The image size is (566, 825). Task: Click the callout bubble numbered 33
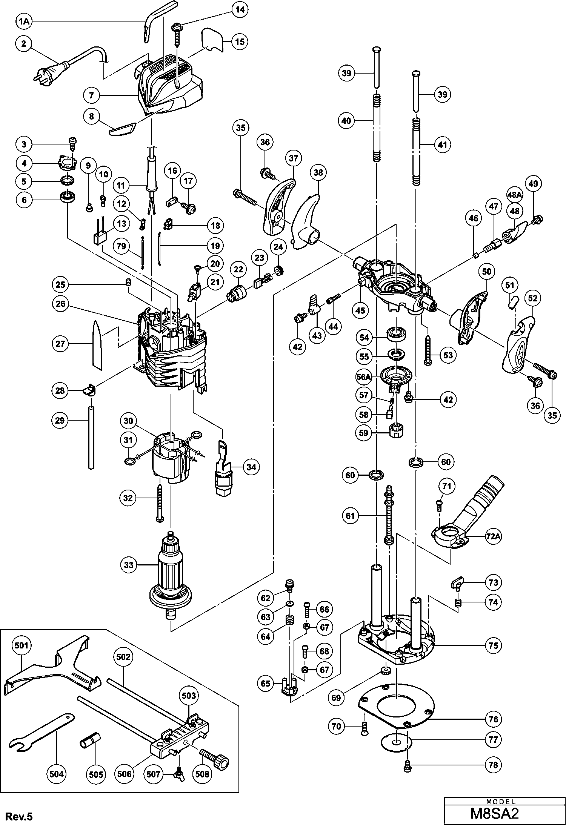(x=129, y=565)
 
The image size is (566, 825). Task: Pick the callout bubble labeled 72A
(x=493, y=538)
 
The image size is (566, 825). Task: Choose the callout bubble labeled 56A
(x=365, y=376)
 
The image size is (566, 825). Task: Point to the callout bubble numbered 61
(x=351, y=516)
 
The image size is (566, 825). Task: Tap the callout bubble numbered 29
(x=60, y=421)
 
